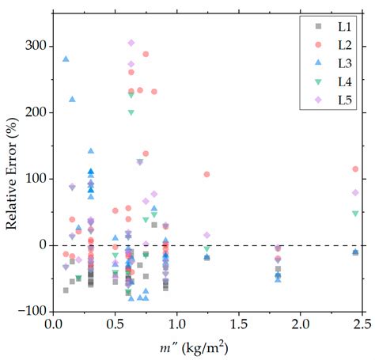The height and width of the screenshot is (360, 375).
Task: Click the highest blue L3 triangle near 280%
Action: (x=66, y=59)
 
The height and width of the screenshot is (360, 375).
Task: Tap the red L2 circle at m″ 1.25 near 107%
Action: (x=207, y=174)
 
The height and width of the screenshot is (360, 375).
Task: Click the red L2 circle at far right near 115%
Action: (x=355, y=169)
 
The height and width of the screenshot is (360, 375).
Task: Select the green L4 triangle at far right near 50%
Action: (x=355, y=213)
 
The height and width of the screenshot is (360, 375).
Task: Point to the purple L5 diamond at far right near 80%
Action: (x=355, y=192)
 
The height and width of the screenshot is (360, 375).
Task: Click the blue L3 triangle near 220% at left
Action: (x=72, y=100)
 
